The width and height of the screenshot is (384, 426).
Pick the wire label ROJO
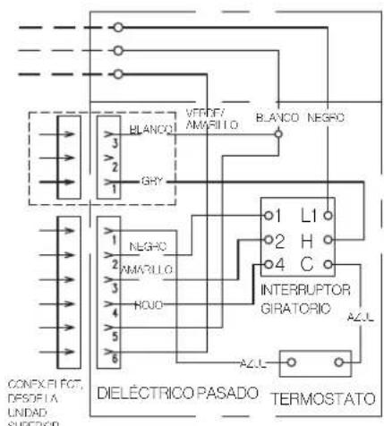[x=149, y=304]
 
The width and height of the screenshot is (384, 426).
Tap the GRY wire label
[x=150, y=180]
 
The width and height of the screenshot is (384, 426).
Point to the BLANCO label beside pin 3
[x=149, y=129]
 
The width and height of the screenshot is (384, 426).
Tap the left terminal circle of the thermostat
[x=288, y=363]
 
